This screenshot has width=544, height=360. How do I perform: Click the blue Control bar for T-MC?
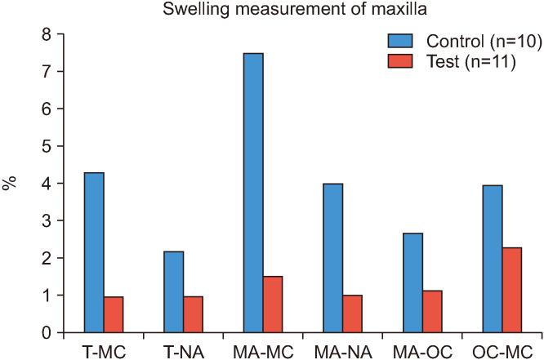(94, 252)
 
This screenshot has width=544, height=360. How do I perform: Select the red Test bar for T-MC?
(114, 314)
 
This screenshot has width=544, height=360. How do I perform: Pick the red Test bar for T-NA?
(194, 314)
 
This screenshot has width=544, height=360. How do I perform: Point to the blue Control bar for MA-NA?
(332, 258)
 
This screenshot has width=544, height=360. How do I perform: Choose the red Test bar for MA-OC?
(432, 312)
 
